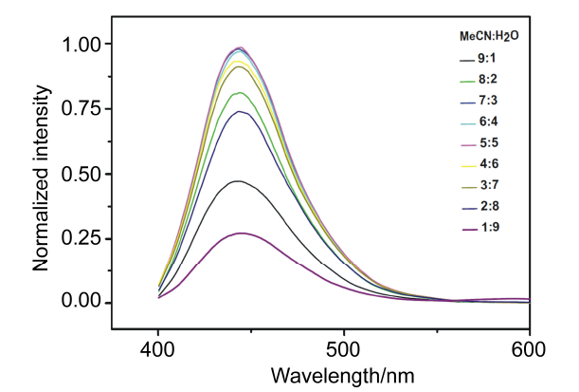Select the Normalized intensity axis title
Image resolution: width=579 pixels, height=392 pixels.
pyautogui.click(x=43, y=176)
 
